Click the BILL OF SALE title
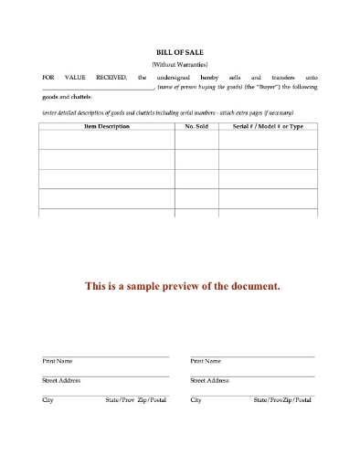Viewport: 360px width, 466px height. (179, 54)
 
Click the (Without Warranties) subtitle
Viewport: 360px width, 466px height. (179, 65)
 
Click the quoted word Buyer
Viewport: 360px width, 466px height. (271, 89)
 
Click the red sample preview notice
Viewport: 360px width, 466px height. (182, 286)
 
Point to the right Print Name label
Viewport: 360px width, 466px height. (206, 363)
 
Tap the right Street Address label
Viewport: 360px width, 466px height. (210, 381)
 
